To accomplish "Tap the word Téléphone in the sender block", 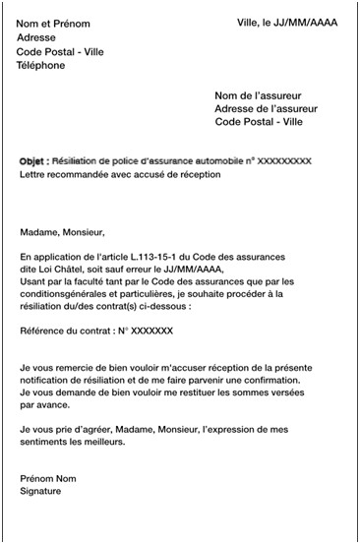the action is (x=41, y=66).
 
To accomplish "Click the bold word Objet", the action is (x=32, y=159).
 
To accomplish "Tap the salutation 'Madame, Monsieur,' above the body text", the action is (x=61, y=233).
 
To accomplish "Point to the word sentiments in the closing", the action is (x=46, y=442).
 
